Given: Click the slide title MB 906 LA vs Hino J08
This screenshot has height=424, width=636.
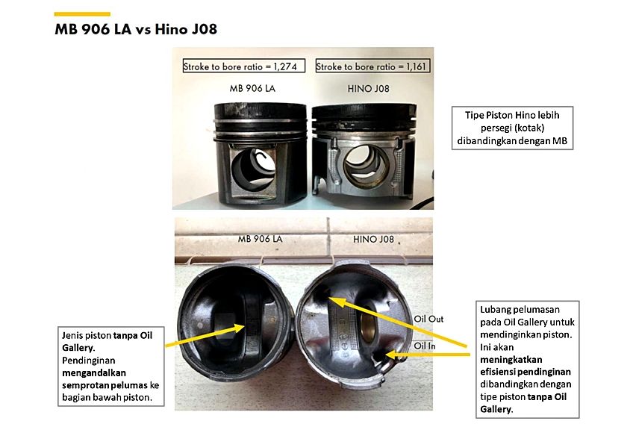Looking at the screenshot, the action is (x=136, y=29).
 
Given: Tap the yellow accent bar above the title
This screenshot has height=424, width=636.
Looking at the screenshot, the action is (x=82, y=14).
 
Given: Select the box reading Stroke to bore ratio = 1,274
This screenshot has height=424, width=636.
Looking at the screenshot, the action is (x=244, y=66).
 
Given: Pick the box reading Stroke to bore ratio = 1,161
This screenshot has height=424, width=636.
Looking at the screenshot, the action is (x=372, y=66).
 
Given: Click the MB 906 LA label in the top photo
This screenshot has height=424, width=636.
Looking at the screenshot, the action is (x=252, y=88).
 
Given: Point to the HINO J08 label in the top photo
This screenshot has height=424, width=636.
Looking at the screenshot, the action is (x=368, y=88).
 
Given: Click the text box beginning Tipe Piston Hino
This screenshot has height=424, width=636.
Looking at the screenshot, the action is (x=512, y=128).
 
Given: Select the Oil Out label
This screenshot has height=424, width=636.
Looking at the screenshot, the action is (x=428, y=319).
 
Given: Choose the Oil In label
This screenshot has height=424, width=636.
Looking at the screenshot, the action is (x=425, y=346).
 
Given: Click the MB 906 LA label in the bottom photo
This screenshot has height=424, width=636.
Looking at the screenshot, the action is (x=260, y=239).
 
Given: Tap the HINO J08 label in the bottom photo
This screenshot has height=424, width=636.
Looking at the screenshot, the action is (x=373, y=239).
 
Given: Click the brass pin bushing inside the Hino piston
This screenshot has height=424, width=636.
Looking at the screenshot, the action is (x=368, y=323).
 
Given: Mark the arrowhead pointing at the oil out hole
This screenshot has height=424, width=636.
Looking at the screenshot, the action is (x=335, y=302).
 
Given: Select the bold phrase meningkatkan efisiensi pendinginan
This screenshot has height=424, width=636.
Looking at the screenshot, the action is (x=526, y=366).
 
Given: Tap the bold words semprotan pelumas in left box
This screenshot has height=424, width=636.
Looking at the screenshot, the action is (x=105, y=385).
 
